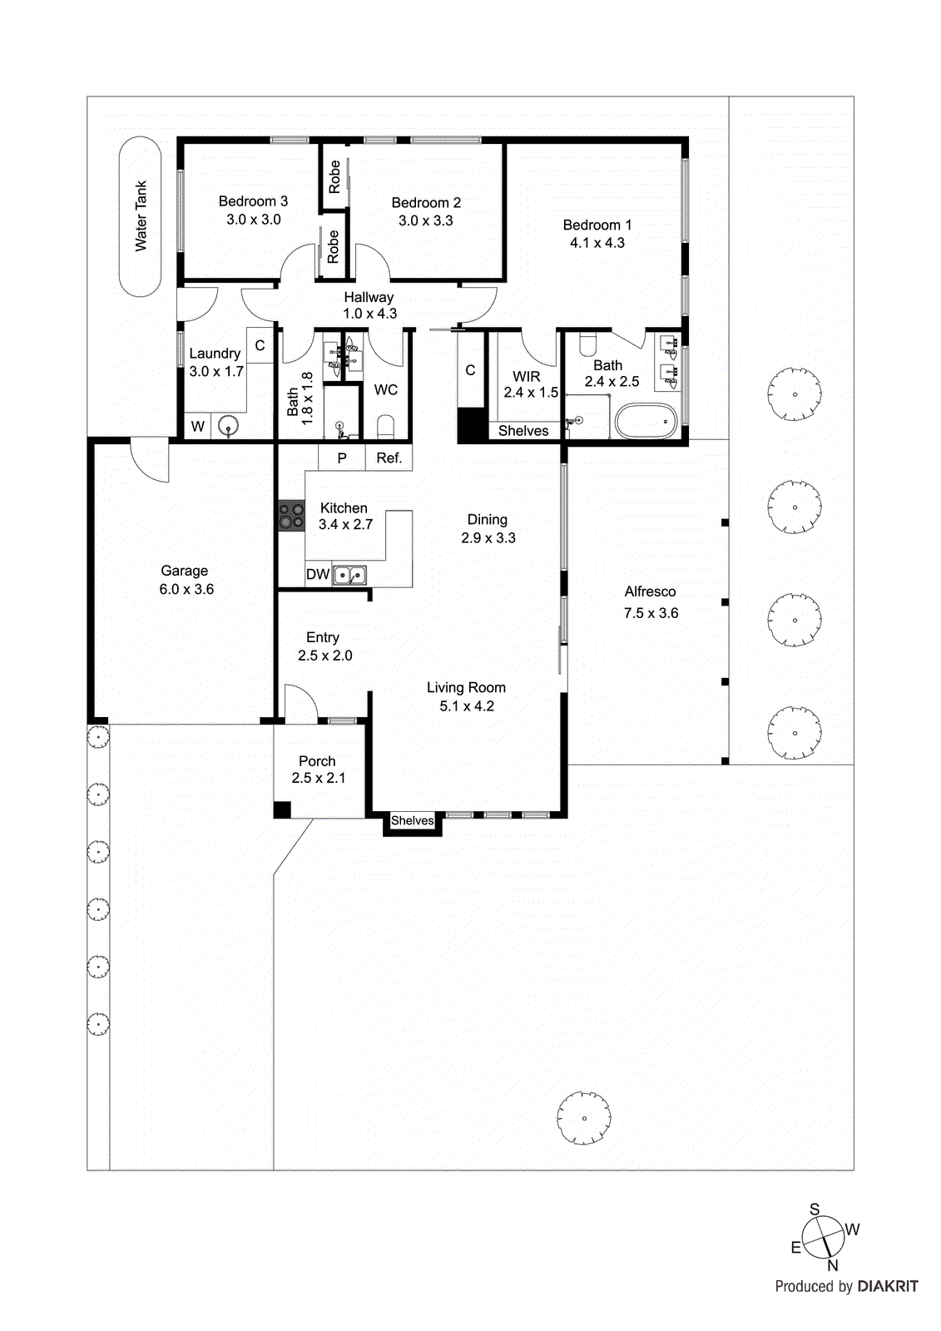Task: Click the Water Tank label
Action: pos(141,216)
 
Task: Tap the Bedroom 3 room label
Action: pos(253,201)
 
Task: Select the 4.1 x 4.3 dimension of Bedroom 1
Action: pos(597,243)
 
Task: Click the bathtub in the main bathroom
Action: pos(646,422)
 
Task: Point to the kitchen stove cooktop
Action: pos(291,516)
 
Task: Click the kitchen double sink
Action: pos(350,575)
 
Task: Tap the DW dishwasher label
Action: pos(318,574)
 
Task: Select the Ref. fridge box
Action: pos(389,458)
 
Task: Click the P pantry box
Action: pos(342,458)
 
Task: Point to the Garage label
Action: pos(184,571)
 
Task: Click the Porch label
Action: pos(317,761)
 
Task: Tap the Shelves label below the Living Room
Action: pos(412,820)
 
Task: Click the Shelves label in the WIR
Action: pos(523,431)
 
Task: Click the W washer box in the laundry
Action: pos(197,427)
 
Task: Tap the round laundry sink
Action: pos(228,426)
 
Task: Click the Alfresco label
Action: pos(650,591)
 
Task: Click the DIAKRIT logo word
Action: pos(888,1286)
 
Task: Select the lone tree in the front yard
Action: pos(584,1118)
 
